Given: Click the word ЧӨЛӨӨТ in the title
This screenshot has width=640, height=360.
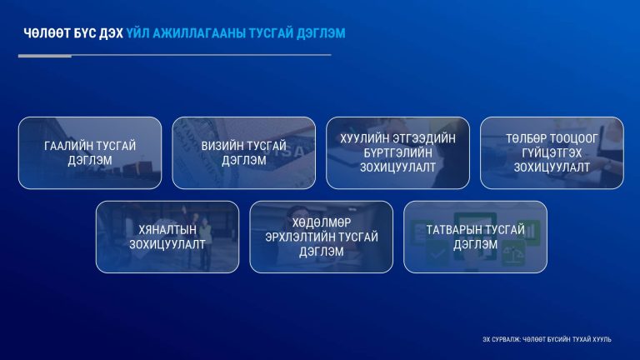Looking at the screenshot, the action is [x=47, y=33].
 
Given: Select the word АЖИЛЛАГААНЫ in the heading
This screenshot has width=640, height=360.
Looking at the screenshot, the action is [x=199, y=33].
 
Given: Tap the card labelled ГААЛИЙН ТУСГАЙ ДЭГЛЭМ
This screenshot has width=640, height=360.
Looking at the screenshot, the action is [x=90, y=152].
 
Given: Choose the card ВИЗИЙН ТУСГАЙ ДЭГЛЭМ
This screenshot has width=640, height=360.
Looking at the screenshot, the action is [x=243, y=152].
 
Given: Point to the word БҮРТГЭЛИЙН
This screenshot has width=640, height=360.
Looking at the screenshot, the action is [x=398, y=153].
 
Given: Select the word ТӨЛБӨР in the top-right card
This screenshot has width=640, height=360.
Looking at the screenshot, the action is [x=526, y=139].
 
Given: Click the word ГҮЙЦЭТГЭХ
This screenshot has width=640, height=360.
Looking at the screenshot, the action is [x=552, y=153].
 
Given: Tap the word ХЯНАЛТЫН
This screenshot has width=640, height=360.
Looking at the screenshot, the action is [x=167, y=230].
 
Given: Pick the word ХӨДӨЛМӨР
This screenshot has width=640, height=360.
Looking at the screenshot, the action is [x=321, y=222].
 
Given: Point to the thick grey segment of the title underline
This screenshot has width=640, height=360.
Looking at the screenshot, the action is [x=45, y=56].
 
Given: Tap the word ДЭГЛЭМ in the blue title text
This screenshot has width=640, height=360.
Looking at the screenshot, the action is [x=321, y=33].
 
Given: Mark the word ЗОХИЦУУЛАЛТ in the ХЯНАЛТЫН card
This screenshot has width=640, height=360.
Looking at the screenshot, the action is [x=167, y=244].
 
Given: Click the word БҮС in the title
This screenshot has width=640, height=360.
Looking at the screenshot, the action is [x=84, y=33].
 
